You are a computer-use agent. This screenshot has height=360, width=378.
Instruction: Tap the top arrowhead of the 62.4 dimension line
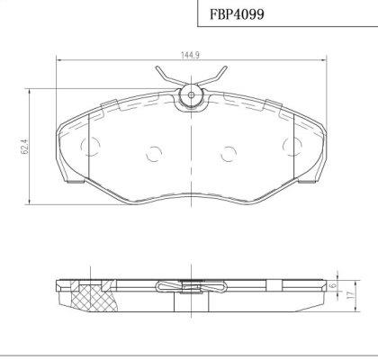(33, 90)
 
